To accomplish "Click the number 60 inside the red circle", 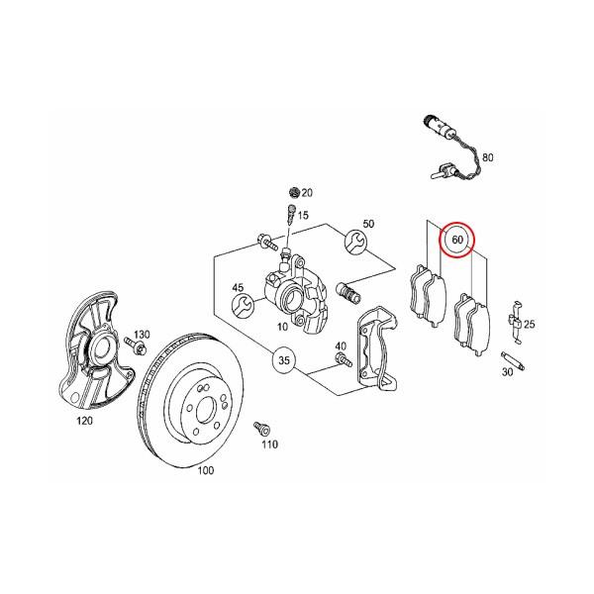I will (x=457, y=241).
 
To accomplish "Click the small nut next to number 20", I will (x=292, y=191).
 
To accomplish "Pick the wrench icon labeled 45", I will (x=239, y=304).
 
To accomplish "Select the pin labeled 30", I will (x=512, y=356).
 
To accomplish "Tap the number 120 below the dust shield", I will (x=84, y=421).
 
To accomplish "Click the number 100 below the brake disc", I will (x=206, y=470).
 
